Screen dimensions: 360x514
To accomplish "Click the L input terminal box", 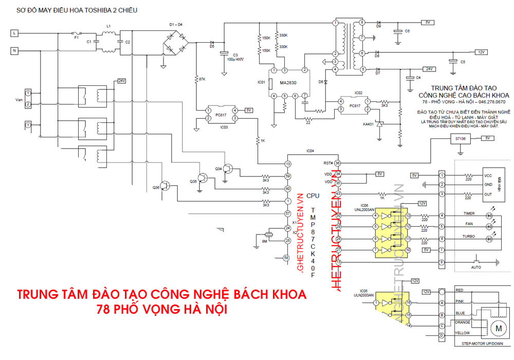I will coord(14,33).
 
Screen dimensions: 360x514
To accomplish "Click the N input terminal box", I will coord(14,50).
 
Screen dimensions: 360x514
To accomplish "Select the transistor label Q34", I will coord(218,168).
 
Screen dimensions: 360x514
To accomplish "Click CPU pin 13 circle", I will coord(288,164).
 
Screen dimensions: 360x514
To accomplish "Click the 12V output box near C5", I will coord(481,52).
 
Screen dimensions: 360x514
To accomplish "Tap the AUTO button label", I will coord(476,268).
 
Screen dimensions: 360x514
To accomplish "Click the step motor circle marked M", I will coord(497,327).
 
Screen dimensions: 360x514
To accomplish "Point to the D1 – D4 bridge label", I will coord(176,24).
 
